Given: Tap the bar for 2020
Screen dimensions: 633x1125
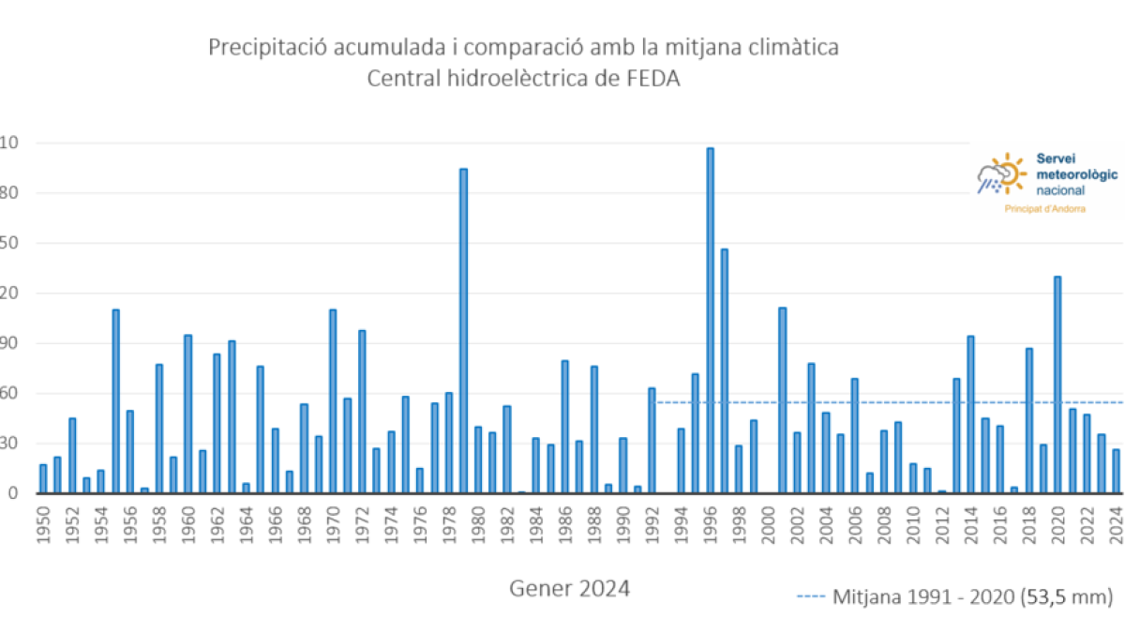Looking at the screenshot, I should point(1057,384).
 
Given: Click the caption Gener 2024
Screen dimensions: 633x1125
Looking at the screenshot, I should point(569,589).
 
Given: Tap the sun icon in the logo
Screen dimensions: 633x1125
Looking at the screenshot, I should point(1008,172).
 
